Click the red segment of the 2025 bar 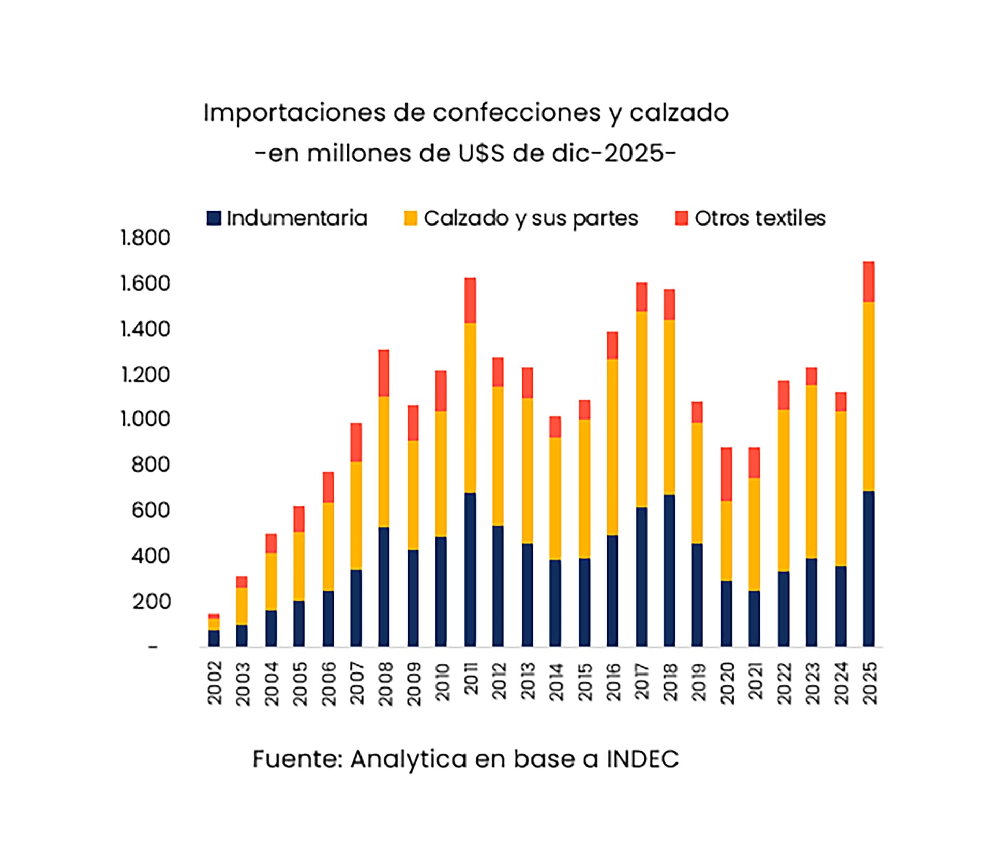click(x=868, y=282)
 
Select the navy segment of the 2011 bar click(x=470, y=569)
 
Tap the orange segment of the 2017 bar click(x=641, y=409)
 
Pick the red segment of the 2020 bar click(x=726, y=474)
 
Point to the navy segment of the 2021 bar click(x=754, y=618)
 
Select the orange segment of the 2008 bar click(x=384, y=461)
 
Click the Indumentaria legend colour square click(x=214, y=218)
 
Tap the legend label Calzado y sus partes click(x=531, y=218)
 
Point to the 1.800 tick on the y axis click(x=145, y=238)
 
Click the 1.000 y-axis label click(x=145, y=419)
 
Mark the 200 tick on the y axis click(x=151, y=602)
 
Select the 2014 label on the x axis click(x=556, y=683)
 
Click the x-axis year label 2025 click(x=870, y=683)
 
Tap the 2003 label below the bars click(x=243, y=683)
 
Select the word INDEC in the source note click(x=642, y=759)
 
